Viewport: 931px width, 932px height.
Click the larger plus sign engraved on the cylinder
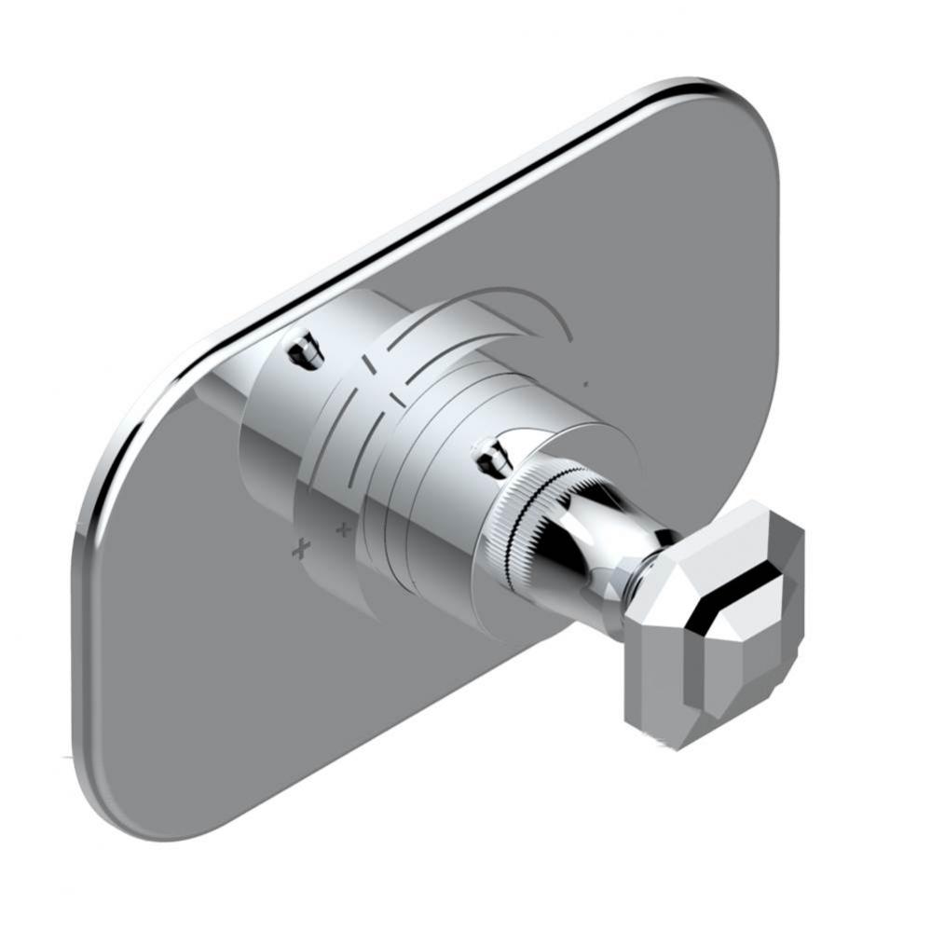coord(300,549)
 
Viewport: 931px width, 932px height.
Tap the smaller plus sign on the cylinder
coord(344,530)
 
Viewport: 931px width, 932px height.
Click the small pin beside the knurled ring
coord(490,456)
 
